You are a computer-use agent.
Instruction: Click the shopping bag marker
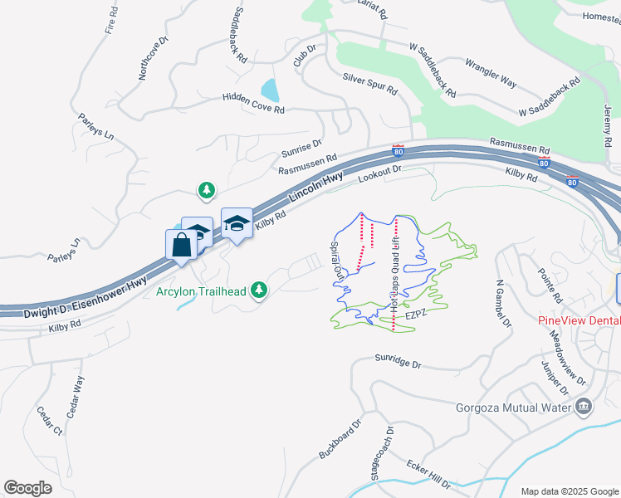click(182, 246)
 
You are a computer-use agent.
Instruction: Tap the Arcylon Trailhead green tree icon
click(260, 289)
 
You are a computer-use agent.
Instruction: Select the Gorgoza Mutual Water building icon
click(584, 406)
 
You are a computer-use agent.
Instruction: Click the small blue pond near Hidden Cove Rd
click(269, 89)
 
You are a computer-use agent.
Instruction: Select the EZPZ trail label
click(415, 316)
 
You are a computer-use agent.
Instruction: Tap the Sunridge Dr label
click(399, 364)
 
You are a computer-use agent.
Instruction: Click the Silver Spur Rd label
click(369, 84)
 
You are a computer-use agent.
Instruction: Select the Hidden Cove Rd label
click(253, 104)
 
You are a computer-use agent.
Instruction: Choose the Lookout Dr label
click(379, 173)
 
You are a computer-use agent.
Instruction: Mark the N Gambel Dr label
click(501, 304)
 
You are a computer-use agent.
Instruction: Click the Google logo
click(28, 487)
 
